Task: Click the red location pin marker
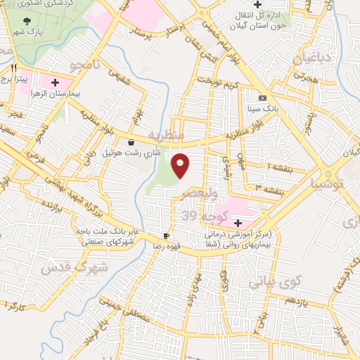(181, 165)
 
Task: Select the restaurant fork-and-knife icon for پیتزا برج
(13, 69)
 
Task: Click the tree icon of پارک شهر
(27, 22)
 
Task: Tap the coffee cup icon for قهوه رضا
(167, 236)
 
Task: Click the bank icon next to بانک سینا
(262, 98)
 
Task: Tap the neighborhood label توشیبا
(328, 184)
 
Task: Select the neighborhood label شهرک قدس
(77, 267)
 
